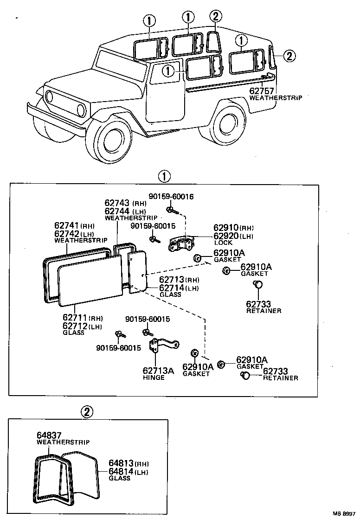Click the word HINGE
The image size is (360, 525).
click(x=154, y=378)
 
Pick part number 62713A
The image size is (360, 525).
click(x=158, y=371)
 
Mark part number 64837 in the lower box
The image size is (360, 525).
click(x=49, y=435)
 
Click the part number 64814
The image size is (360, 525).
click(x=121, y=471)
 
